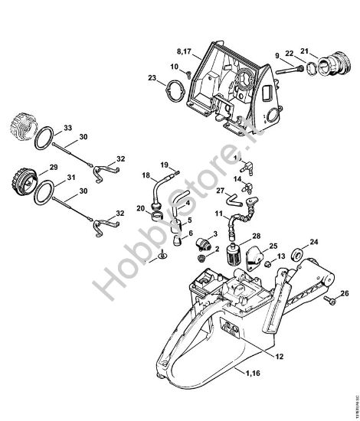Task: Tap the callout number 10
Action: pyautogui.click(x=175, y=67)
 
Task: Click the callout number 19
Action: pyautogui.click(x=164, y=165)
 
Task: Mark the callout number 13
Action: pyautogui.click(x=281, y=256)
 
